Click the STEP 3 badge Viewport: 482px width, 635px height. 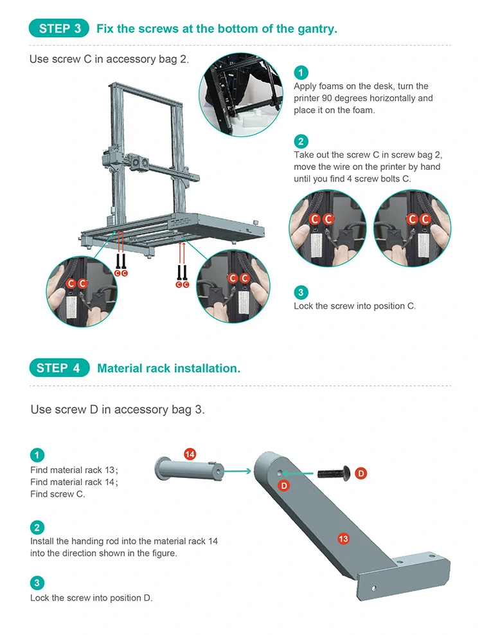(x=59, y=28)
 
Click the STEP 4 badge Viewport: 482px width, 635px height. (x=59, y=368)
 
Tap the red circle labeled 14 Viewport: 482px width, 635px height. (x=190, y=454)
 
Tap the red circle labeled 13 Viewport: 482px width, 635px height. (x=343, y=538)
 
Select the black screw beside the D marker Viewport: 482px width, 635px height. (x=333, y=473)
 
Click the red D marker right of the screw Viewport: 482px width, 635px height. (x=361, y=473)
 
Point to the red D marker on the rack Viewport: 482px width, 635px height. (x=284, y=486)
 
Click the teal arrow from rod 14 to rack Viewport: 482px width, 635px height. (x=237, y=471)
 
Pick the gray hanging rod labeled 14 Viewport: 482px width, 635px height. (x=188, y=470)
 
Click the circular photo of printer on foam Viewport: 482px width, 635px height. (x=241, y=95)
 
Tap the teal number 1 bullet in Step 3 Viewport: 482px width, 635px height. (x=301, y=73)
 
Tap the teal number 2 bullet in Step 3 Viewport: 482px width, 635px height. (x=301, y=142)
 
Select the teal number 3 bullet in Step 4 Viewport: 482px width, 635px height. (x=37, y=583)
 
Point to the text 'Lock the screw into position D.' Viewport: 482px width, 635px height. (x=91, y=598)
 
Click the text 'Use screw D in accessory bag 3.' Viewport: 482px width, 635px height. (x=118, y=409)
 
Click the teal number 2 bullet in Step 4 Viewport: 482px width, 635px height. (x=37, y=528)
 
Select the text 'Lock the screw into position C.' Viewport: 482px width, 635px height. (x=355, y=306)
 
